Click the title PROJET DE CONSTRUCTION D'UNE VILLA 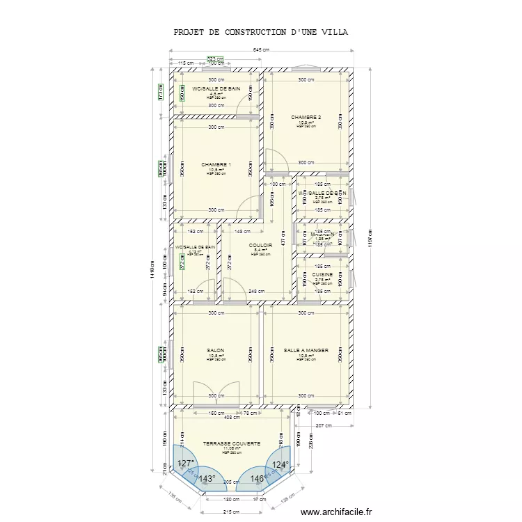tap(261, 32)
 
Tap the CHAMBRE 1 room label tap(216, 165)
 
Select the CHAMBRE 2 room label tap(306, 117)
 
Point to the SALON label tap(216, 350)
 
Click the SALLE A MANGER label tap(306, 350)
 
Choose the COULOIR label tap(260, 245)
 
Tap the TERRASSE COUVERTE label tap(232, 443)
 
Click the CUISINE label tap(322, 275)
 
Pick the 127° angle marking tap(185, 464)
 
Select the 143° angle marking tap(207, 479)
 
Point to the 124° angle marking tap(280, 464)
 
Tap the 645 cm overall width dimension tap(261, 50)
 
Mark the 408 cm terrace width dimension tap(232, 418)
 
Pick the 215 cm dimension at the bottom tap(231, 512)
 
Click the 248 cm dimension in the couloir tap(256, 291)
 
